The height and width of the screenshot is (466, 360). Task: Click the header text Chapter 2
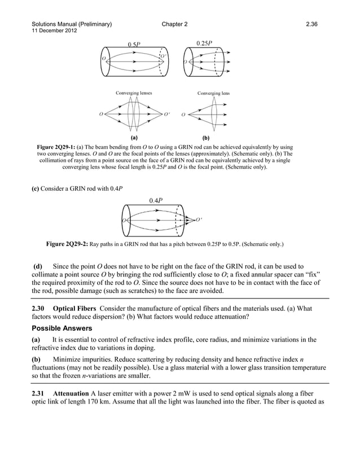pyautogui.click(x=175, y=24)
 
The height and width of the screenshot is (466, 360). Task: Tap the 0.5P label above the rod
pyautogui.click(x=134, y=44)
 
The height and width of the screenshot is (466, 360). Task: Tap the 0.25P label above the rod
pyautogui.click(x=204, y=43)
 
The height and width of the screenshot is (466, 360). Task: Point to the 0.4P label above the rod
pyautogui.click(x=156, y=200)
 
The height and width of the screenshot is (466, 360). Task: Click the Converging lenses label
pyautogui.click(x=133, y=93)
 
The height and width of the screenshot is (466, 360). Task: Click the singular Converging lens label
pyautogui.click(x=213, y=93)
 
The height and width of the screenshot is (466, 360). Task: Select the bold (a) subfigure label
pyautogui.click(x=134, y=137)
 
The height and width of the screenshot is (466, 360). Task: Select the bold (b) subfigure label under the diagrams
pyautogui.click(x=205, y=137)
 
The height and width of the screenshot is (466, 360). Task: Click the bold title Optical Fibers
pyautogui.click(x=77, y=308)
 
